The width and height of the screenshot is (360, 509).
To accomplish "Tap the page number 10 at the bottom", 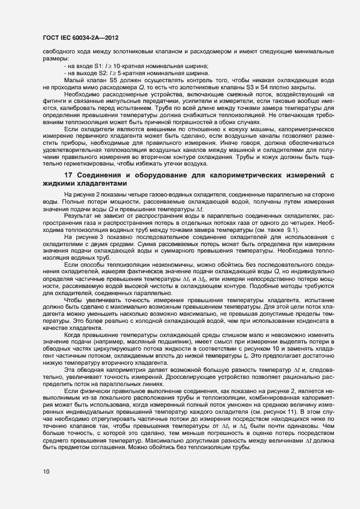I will [45, 472].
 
